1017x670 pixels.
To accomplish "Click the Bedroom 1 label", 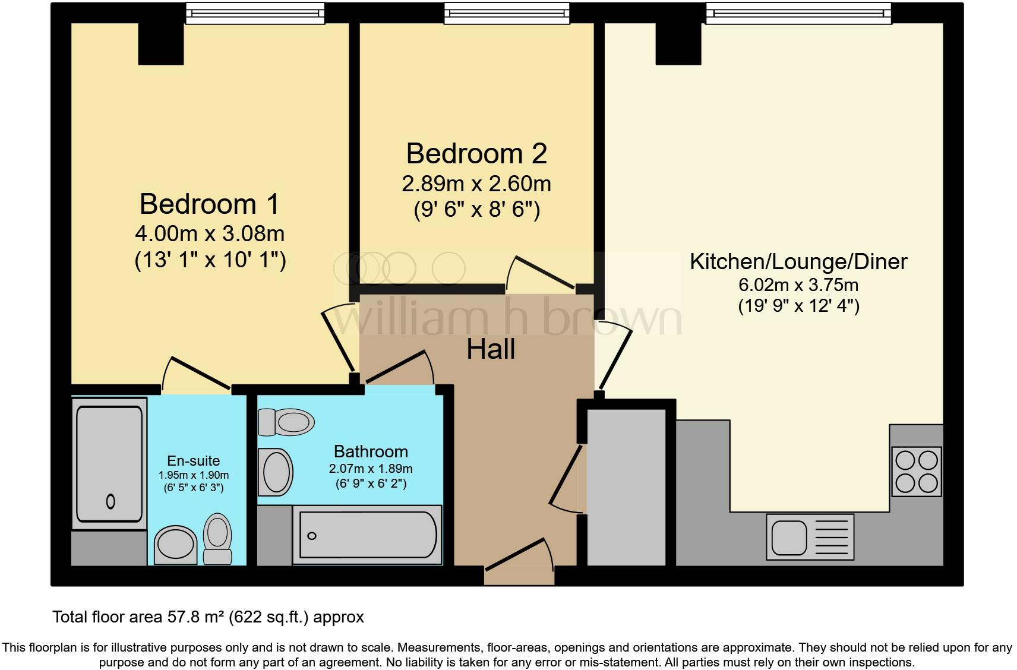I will [x=209, y=204].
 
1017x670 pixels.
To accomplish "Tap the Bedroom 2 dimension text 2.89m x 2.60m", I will [x=476, y=184].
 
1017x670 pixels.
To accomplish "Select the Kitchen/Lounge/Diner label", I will [x=798, y=261].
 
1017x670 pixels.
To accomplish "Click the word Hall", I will [x=490, y=349].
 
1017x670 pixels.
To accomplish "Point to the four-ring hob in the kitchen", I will [x=916, y=472].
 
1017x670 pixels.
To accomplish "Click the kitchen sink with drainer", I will [x=810, y=536].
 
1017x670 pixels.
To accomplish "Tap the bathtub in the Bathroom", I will [x=367, y=535].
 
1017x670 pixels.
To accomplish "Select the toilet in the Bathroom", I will [x=286, y=422].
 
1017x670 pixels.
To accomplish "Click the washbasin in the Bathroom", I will [x=276, y=472].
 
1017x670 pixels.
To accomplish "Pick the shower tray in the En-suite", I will [x=110, y=463].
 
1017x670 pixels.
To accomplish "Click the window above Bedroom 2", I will [x=507, y=13].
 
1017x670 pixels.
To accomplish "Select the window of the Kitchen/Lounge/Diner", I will [x=798, y=13].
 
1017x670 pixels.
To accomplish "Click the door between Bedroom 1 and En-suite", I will [x=197, y=373].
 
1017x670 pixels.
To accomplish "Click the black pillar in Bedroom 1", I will [x=160, y=43].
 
